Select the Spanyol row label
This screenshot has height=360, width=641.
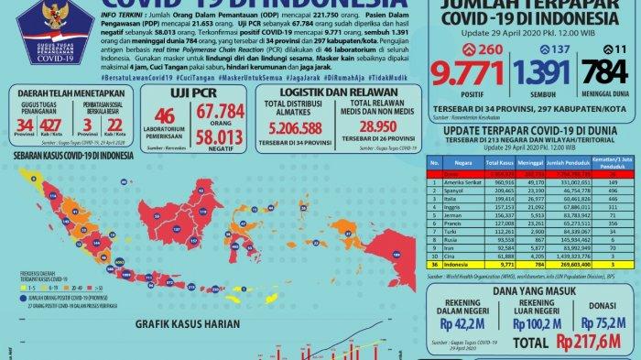(449, 190)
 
